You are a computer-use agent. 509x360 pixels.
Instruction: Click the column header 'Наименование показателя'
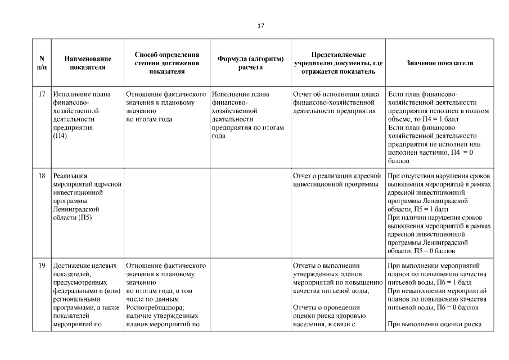click(87, 63)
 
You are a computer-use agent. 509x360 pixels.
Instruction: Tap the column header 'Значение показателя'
click(440, 63)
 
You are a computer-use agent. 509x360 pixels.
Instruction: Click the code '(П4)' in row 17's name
click(60, 136)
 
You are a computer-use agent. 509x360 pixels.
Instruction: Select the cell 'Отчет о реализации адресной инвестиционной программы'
click(337, 180)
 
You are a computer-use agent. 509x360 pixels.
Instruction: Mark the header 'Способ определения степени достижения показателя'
click(167, 63)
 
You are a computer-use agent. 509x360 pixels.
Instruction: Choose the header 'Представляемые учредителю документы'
click(339, 63)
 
